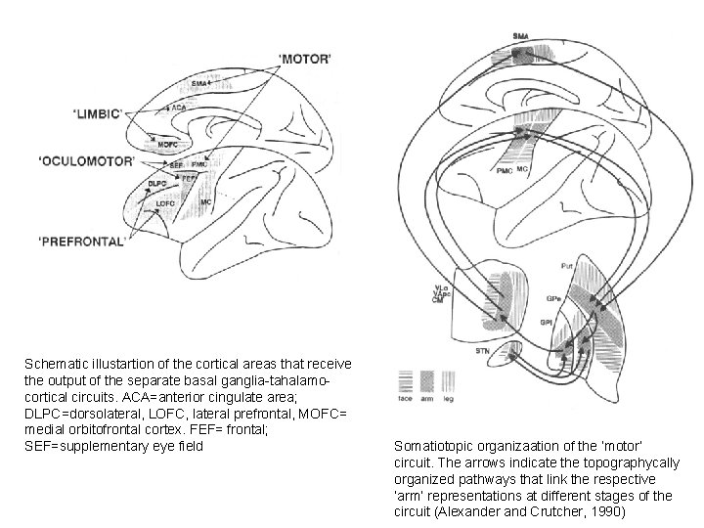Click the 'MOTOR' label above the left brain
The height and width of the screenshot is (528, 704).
point(305,59)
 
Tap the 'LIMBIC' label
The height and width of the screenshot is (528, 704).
point(96,113)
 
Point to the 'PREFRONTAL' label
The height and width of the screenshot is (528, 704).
point(81,241)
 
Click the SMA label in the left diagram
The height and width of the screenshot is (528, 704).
point(198,84)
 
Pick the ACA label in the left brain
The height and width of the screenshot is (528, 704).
point(179,106)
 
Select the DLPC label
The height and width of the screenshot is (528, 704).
point(156,184)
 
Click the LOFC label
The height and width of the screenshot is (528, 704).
point(166,203)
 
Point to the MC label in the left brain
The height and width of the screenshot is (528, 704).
point(206,201)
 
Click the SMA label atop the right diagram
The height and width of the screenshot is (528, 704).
point(521,36)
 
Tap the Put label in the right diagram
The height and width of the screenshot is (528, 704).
point(567,265)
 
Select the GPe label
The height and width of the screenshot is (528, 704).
point(553,295)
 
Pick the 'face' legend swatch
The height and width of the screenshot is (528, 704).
point(405,380)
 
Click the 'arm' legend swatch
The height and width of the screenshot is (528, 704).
point(427,380)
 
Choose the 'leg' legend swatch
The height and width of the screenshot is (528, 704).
point(449,380)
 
